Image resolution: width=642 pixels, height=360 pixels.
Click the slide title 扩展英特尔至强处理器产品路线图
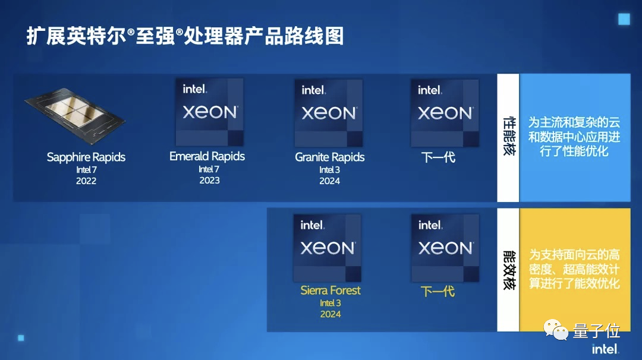pos(185,37)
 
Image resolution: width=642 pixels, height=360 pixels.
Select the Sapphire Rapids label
pos(86,157)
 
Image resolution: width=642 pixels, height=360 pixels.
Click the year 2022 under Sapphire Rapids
pos(86,181)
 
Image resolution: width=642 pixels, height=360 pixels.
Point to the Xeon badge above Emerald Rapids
pos(209,112)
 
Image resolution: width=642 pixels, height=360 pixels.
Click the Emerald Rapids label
pos(207,156)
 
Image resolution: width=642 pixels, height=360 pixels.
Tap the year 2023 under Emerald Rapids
pos(209,181)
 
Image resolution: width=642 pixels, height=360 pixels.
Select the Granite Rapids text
pos(330,157)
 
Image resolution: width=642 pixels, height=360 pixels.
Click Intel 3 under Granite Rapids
pos(330,170)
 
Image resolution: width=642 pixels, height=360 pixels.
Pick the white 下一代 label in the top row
pos(438,158)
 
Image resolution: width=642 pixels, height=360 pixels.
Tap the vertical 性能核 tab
pos(508,137)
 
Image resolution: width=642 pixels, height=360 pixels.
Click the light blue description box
pos(574,137)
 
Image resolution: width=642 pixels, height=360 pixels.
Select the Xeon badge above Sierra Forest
pos(327,248)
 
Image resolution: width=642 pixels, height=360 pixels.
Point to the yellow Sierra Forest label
pos(331,290)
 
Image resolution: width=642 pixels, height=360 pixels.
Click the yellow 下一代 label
pos(438,292)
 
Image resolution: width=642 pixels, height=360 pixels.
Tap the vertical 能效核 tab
pos(508,269)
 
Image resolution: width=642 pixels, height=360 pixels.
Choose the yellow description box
pos(574,269)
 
